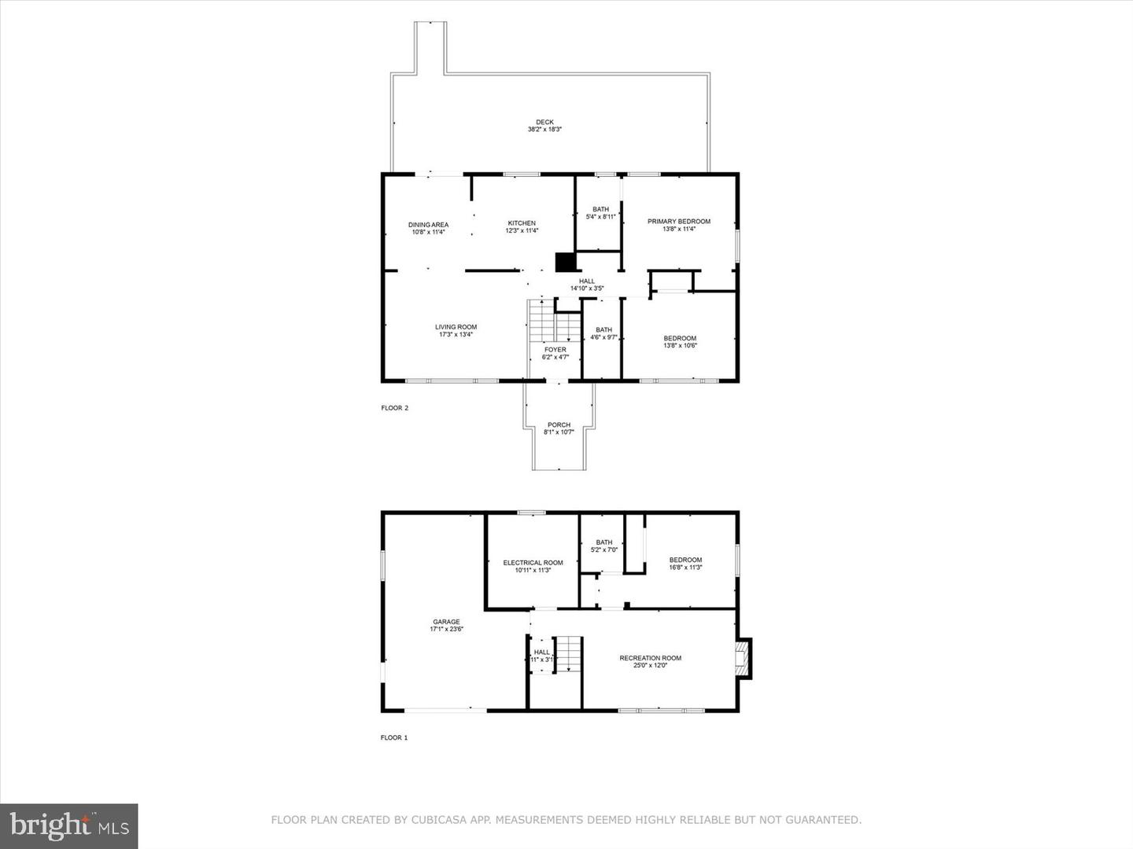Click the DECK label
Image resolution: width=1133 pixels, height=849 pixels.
[x=544, y=122]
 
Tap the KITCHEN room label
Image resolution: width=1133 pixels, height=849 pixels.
[x=522, y=223]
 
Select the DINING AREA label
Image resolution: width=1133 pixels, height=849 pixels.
[x=428, y=225]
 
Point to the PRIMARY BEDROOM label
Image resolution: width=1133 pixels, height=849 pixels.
[x=678, y=222]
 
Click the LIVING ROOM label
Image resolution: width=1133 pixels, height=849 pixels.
[x=456, y=327]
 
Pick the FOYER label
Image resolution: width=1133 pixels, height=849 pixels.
[x=555, y=350]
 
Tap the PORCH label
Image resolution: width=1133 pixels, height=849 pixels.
[x=559, y=425]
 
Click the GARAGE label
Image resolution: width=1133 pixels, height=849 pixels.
[x=446, y=622]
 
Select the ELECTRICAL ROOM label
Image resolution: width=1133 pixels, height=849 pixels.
[x=533, y=563]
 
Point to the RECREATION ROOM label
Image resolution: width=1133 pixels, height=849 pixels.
[x=650, y=658]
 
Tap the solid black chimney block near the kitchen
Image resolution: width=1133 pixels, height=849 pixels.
[x=565, y=262]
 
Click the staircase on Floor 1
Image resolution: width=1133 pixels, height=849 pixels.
[x=568, y=653]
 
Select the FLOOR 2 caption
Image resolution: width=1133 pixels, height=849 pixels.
[x=394, y=408]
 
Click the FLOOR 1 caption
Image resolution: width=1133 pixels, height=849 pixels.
[x=394, y=737]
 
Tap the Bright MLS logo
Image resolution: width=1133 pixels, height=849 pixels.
[x=68, y=825]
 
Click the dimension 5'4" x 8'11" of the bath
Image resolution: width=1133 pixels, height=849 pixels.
[x=600, y=217]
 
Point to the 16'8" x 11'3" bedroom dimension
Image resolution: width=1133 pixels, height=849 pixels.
[x=685, y=568]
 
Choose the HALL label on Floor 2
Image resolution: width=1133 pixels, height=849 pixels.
[x=587, y=281]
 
